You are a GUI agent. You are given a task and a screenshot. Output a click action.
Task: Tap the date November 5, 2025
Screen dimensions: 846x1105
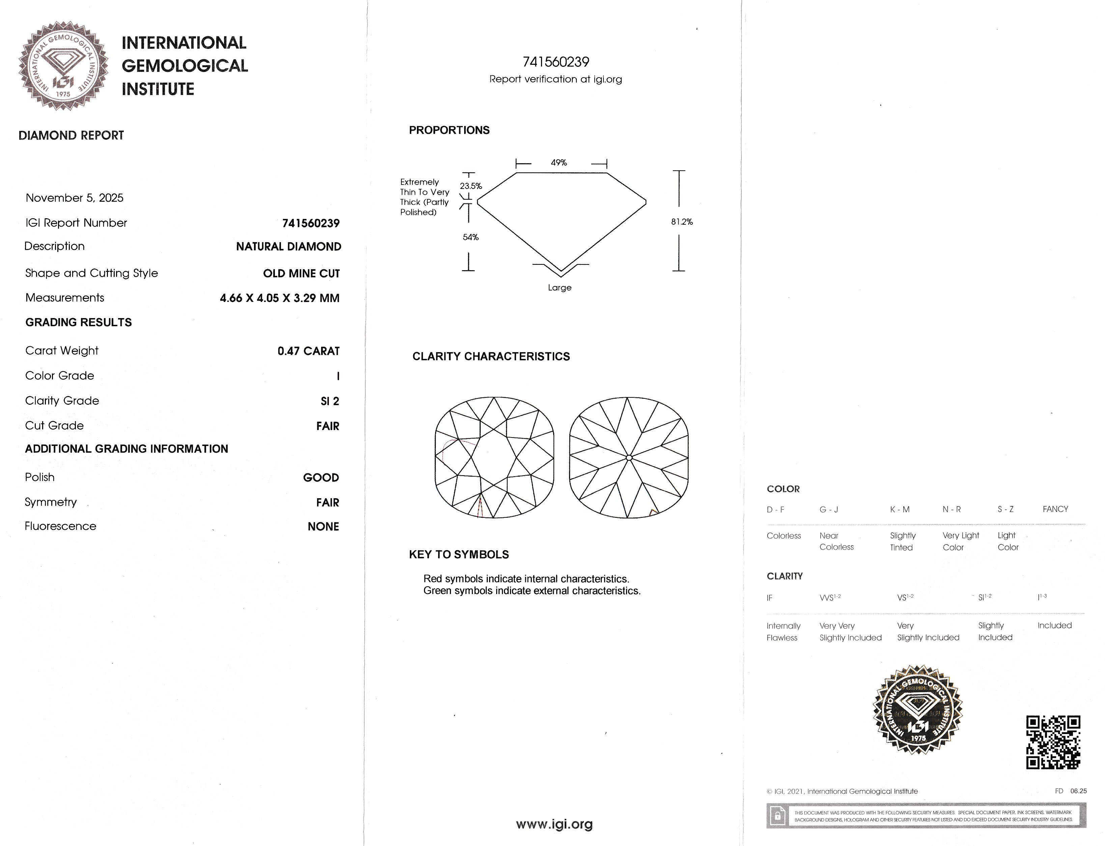tap(75, 198)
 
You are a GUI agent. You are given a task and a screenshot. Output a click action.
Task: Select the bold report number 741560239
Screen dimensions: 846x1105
tap(311, 223)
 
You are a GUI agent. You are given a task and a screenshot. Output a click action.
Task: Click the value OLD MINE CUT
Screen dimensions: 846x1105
tap(301, 274)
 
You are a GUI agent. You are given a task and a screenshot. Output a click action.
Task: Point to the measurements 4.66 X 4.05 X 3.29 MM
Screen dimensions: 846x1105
tap(279, 298)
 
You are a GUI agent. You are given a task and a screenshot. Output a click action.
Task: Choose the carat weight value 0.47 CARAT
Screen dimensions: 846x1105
tap(308, 351)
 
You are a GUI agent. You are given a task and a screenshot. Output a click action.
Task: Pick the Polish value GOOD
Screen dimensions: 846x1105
tap(321, 477)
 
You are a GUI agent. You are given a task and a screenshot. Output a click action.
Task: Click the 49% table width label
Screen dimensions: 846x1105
tap(559, 163)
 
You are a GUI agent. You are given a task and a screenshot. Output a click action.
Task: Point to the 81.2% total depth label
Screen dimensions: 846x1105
tap(682, 222)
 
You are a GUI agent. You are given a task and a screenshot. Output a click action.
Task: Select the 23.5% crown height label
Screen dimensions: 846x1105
tap(471, 186)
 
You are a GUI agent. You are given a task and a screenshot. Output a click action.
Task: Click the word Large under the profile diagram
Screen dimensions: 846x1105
tap(559, 287)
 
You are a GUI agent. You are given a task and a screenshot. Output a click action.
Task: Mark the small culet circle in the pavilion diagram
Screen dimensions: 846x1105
tap(629, 458)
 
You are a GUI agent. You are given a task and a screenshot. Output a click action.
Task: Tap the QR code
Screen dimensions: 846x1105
tap(1053, 742)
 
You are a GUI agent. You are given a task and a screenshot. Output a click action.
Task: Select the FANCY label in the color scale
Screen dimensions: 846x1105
tap(1055, 509)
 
